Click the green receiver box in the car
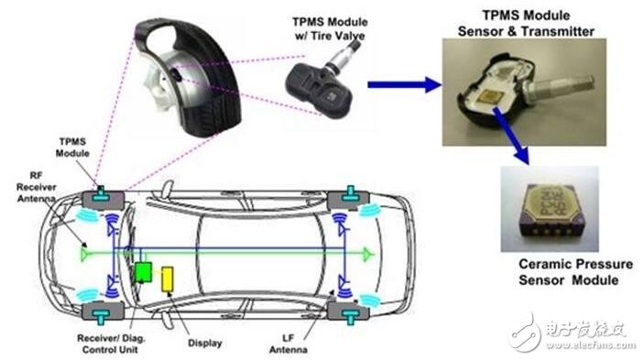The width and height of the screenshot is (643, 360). click(143, 272)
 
